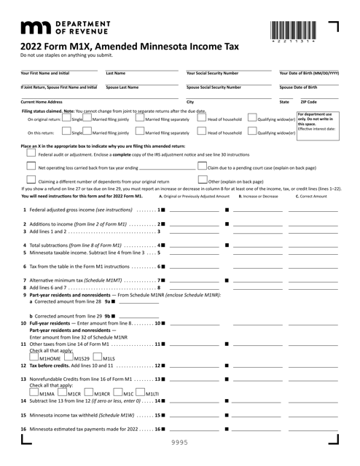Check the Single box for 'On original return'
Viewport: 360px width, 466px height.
(x=66, y=119)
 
